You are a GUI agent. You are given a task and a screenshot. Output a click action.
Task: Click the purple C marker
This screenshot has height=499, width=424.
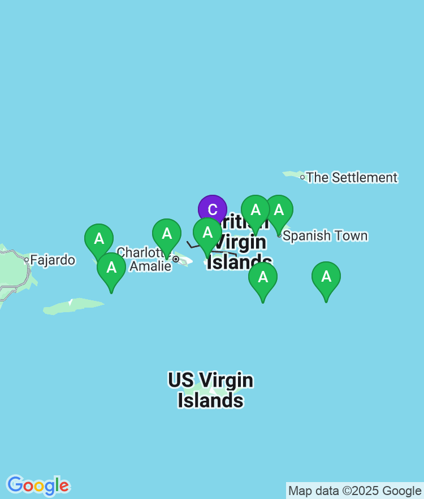[213, 210]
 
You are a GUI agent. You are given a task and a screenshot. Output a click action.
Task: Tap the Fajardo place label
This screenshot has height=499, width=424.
[53, 260]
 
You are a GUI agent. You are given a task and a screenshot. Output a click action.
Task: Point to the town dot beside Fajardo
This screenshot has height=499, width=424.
[26, 260]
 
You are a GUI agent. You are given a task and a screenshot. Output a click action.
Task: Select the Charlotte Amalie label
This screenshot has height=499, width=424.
[144, 259]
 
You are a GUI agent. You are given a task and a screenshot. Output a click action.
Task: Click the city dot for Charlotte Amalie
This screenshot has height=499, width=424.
[176, 259]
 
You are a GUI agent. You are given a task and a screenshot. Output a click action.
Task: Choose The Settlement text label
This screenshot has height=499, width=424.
[352, 177]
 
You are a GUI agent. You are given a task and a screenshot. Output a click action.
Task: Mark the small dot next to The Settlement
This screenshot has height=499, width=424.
[302, 177]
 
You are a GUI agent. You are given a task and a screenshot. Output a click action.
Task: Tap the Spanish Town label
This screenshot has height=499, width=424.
[325, 236]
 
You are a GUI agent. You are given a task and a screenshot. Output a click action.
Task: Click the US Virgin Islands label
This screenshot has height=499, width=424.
[210, 390]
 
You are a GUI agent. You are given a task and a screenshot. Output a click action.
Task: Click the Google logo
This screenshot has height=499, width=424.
[38, 485]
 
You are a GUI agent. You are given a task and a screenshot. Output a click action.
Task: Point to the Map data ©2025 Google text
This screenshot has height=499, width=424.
[354, 491]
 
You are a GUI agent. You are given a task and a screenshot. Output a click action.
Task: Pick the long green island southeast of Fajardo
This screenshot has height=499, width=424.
[73, 307]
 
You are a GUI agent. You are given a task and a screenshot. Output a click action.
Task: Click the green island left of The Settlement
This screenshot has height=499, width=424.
[292, 174]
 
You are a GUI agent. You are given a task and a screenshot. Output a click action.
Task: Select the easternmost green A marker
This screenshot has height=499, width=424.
[326, 277]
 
